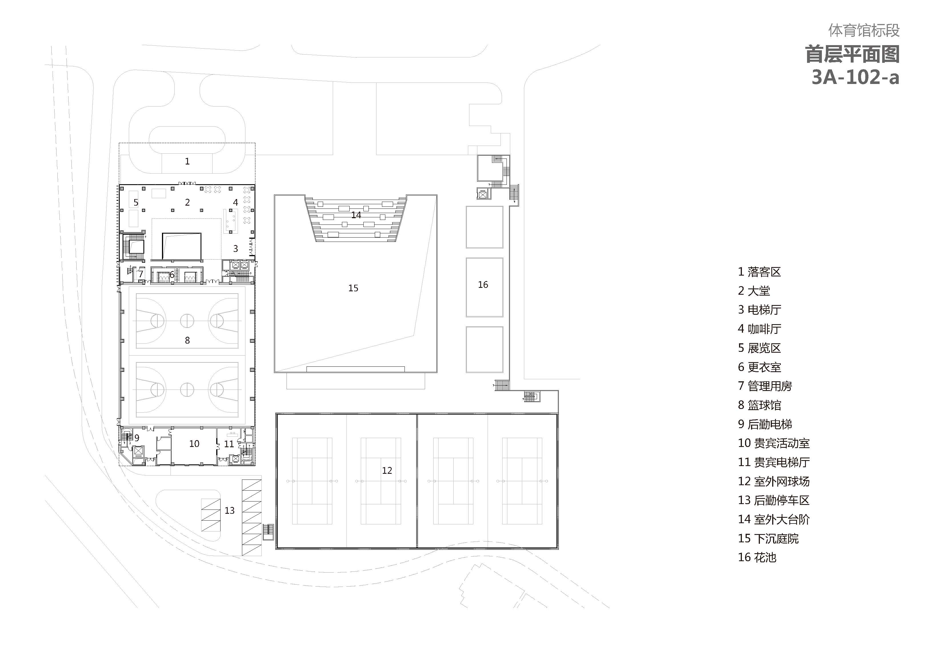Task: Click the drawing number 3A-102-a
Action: [x=855, y=77]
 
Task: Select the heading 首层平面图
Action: [x=852, y=54]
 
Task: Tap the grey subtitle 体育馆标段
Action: [x=864, y=30]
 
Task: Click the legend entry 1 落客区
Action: [x=759, y=272]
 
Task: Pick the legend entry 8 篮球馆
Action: [x=759, y=405]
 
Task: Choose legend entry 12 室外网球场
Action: [x=774, y=481]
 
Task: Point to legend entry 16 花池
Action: [x=757, y=557]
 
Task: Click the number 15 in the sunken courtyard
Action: [x=353, y=288]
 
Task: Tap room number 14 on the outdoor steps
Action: [x=356, y=215]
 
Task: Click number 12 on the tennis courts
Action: [x=387, y=470]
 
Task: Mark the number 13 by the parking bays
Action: [x=229, y=510]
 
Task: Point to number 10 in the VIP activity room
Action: [x=194, y=444]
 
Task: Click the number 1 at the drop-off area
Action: [x=187, y=161]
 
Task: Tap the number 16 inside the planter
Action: [x=483, y=285]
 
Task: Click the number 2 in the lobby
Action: [x=187, y=202]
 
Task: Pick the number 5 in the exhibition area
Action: [x=136, y=202]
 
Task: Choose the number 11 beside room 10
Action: [x=229, y=444]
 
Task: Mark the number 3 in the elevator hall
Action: [x=235, y=248]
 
